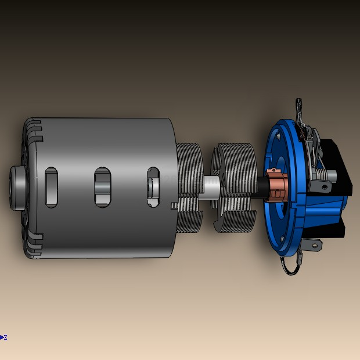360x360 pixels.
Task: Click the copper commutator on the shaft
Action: coord(277,186)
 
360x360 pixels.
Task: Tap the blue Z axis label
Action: coord(5,337)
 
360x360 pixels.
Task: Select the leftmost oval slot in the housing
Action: coord(51,188)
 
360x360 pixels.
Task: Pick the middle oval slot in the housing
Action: coord(102,188)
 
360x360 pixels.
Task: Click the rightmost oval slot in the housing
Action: coord(153,188)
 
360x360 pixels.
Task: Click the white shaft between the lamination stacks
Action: coord(211,188)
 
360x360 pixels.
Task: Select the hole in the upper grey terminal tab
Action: coord(325,187)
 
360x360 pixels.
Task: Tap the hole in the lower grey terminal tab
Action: coord(314,246)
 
